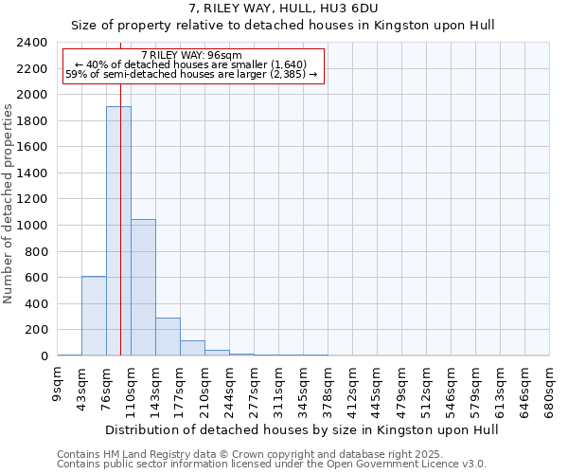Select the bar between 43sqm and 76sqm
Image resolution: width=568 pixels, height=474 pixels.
coord(94,316)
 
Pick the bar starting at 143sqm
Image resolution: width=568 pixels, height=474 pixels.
coord(168,337)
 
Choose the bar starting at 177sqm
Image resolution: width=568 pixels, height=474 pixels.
coord(192,348)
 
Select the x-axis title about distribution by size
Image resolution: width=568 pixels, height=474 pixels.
coord(302,429)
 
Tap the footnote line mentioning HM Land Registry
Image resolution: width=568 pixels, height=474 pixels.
coord(271,454)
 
